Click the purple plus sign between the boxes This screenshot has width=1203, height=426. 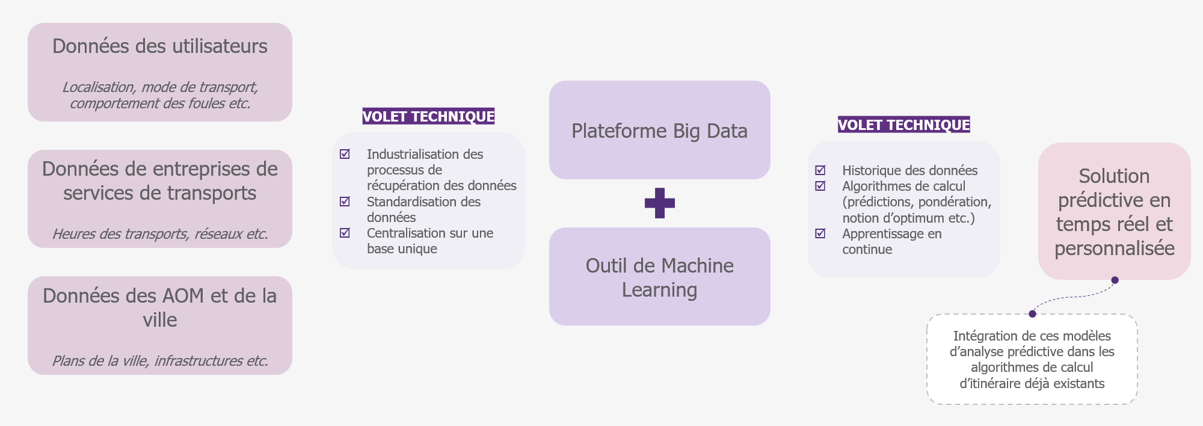click(x=660, y=203)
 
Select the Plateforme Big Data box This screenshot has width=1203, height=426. click(x=660, y=130)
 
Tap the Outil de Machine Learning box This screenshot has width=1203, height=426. click(x=660, y=277)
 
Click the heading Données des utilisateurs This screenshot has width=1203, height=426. click(x=160, y=46)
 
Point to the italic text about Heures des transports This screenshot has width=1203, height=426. click(x=160, y=234)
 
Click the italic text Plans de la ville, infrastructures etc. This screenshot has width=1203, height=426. click(x=160, y=361)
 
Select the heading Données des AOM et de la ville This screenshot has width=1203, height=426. click(x=160, y=307)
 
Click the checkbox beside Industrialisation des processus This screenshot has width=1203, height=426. click(x=345, y=154)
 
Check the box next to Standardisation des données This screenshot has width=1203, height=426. click(x=345, y=202)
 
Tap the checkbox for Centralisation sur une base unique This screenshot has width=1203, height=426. click(x=345, y=233)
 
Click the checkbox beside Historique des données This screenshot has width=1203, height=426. click(x=820, y=170)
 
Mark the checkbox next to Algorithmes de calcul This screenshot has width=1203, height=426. click(x=820, y=186)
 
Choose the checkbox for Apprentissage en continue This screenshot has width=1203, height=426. click(x=820, y=233)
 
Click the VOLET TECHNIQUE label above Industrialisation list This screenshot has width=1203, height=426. click(x=428, y=116)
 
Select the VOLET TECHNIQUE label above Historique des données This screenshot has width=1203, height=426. click(x=904, y=125)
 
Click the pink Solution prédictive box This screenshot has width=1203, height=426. click(x=1115, y=211)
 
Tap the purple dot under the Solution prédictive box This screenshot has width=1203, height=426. click(x=1115, y=280)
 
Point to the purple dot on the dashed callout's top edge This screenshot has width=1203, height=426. click(x=1032, y=314)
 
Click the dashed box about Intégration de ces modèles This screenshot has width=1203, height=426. click(x=1032, y=359)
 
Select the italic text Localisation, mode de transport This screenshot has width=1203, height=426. click(x=160, y=87)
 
